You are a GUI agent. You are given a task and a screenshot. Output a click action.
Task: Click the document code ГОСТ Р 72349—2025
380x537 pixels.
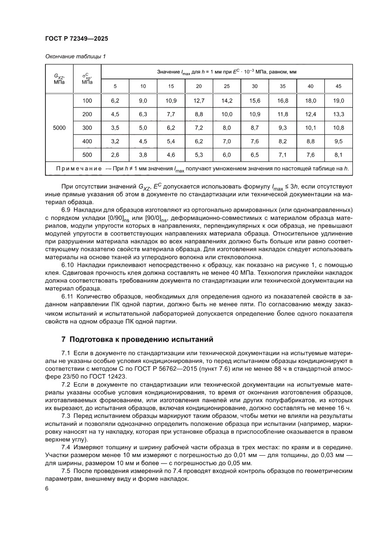click(x=76, y=39)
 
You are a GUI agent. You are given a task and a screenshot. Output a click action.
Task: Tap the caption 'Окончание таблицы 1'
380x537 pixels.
click(x=75, y=57)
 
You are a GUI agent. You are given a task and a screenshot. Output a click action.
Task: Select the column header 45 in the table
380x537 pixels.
click(x=339, y=86)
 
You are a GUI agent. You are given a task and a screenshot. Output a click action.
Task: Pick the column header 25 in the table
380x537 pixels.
click(x=227, y=86)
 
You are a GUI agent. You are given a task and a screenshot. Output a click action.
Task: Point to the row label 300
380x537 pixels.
click(x=87, y=127)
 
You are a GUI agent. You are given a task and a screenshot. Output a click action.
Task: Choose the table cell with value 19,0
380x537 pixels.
click(x=339, y=101)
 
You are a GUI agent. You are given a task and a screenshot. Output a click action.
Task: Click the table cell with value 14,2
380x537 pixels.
click(x=227, y=101)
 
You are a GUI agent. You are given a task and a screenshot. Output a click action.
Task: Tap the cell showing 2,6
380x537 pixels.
click(x=115, y=155)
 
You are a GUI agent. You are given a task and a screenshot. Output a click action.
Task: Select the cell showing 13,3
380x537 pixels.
click(x=339, y=114)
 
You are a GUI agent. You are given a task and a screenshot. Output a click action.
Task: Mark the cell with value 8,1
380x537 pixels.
click(x=339, y=155)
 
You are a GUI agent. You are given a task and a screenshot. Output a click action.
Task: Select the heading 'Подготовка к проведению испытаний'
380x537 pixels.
click(x=141, y=340)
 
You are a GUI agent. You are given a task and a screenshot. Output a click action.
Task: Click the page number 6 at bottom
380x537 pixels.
click(x=47, y=489)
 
